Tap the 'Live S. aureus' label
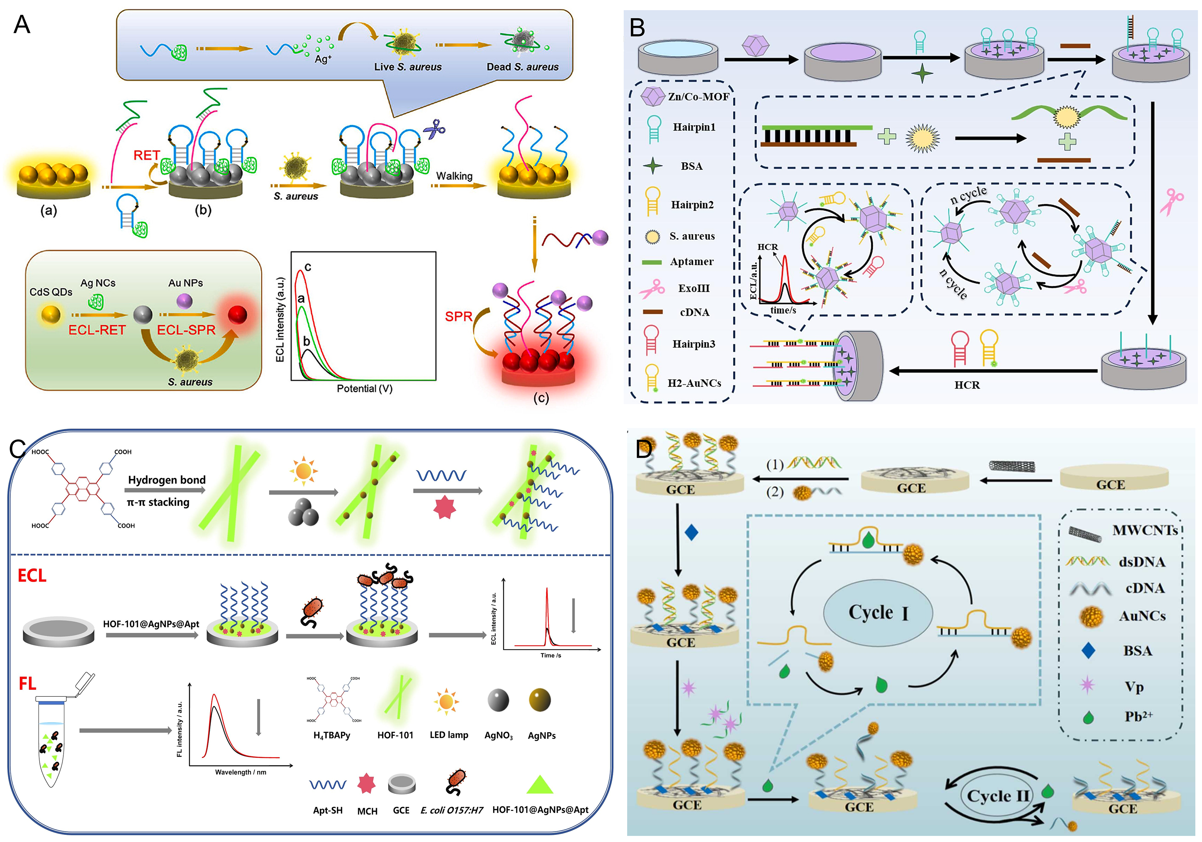pos(408,67)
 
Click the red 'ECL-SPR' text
pos(186,330)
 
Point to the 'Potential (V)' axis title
pos(364,389)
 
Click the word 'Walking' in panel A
pos(454,176)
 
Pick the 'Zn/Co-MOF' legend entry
pos(698,97)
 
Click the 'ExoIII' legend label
pos(694,288)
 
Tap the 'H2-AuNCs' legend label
pos(694,383)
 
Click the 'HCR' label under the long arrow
pos(966,385)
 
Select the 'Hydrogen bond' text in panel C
pos(166,480)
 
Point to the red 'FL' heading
pos(27,683)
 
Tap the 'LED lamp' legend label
pos(449,735)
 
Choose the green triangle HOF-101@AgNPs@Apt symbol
pos(540,784)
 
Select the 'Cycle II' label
pos(998,796)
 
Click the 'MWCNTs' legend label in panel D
pos(1145,531)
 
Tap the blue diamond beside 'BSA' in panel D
pos(1088,651)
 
